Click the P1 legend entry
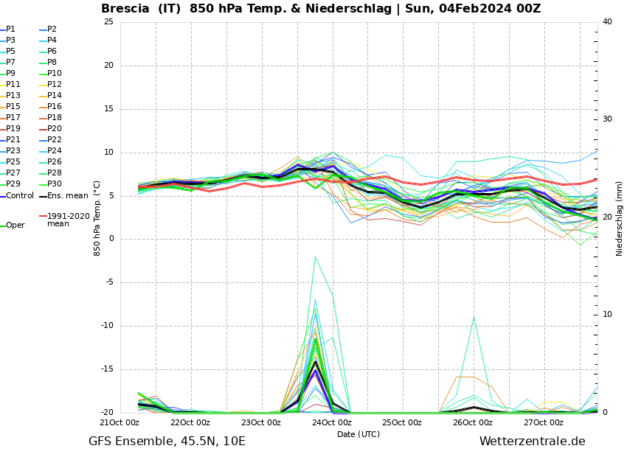(x=10, y=29)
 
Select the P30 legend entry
(x=54, y=184)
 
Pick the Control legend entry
(x=19, y=196)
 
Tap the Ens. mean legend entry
(x=67, y=196)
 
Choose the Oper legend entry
(x=15, y=226)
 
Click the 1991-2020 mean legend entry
(x=68, y=220)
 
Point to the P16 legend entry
(x=54, y=107)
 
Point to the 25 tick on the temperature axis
(x=108, y=21)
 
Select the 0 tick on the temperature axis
(x=111, y=239)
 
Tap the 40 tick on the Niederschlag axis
(x=607, y=21)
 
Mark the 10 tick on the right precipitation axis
(x=607, y=315)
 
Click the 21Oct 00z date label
(x=119, y=422)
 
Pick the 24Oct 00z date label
(x=331, y=422)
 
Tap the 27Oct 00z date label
(x=544, y=422)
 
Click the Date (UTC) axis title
(x=358, y=434)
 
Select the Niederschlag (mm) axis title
(x=620, y=218)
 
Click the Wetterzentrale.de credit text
(x=532, y=442)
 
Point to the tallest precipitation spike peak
(x=315, y=257)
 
